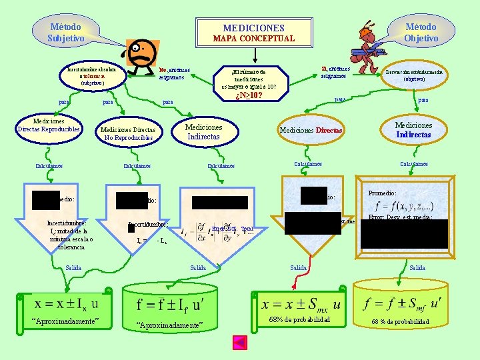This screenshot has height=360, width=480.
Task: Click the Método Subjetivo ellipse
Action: pyautogui.click(x=65, y=33)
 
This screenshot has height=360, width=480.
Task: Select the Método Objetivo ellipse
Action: pyautogui.click(x=421, y=32)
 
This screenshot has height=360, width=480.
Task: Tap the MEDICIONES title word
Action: pyautogui.click(x=253, y=28)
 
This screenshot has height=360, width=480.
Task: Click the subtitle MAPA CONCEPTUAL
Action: pyautogui.click(x=253, y=39)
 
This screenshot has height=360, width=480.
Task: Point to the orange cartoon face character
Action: pyautogui.click(x=142, y=54)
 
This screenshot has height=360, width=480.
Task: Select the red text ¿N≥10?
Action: pyautogui.click(x=249, y=95)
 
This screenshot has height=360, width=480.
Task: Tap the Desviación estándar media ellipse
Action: pyautogui.click(x=413, y=75)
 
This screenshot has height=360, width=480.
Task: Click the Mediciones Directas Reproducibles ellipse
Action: pyautogui.click(x=49, y=125)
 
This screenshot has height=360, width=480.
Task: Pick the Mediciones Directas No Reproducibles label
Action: pyautogui.click(x=128, y=133)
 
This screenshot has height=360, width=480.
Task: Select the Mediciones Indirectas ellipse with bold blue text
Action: pyautogui.click(x=413, y=129)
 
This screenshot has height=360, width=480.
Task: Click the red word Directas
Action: pyautogui.click(x=329, y=131)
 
